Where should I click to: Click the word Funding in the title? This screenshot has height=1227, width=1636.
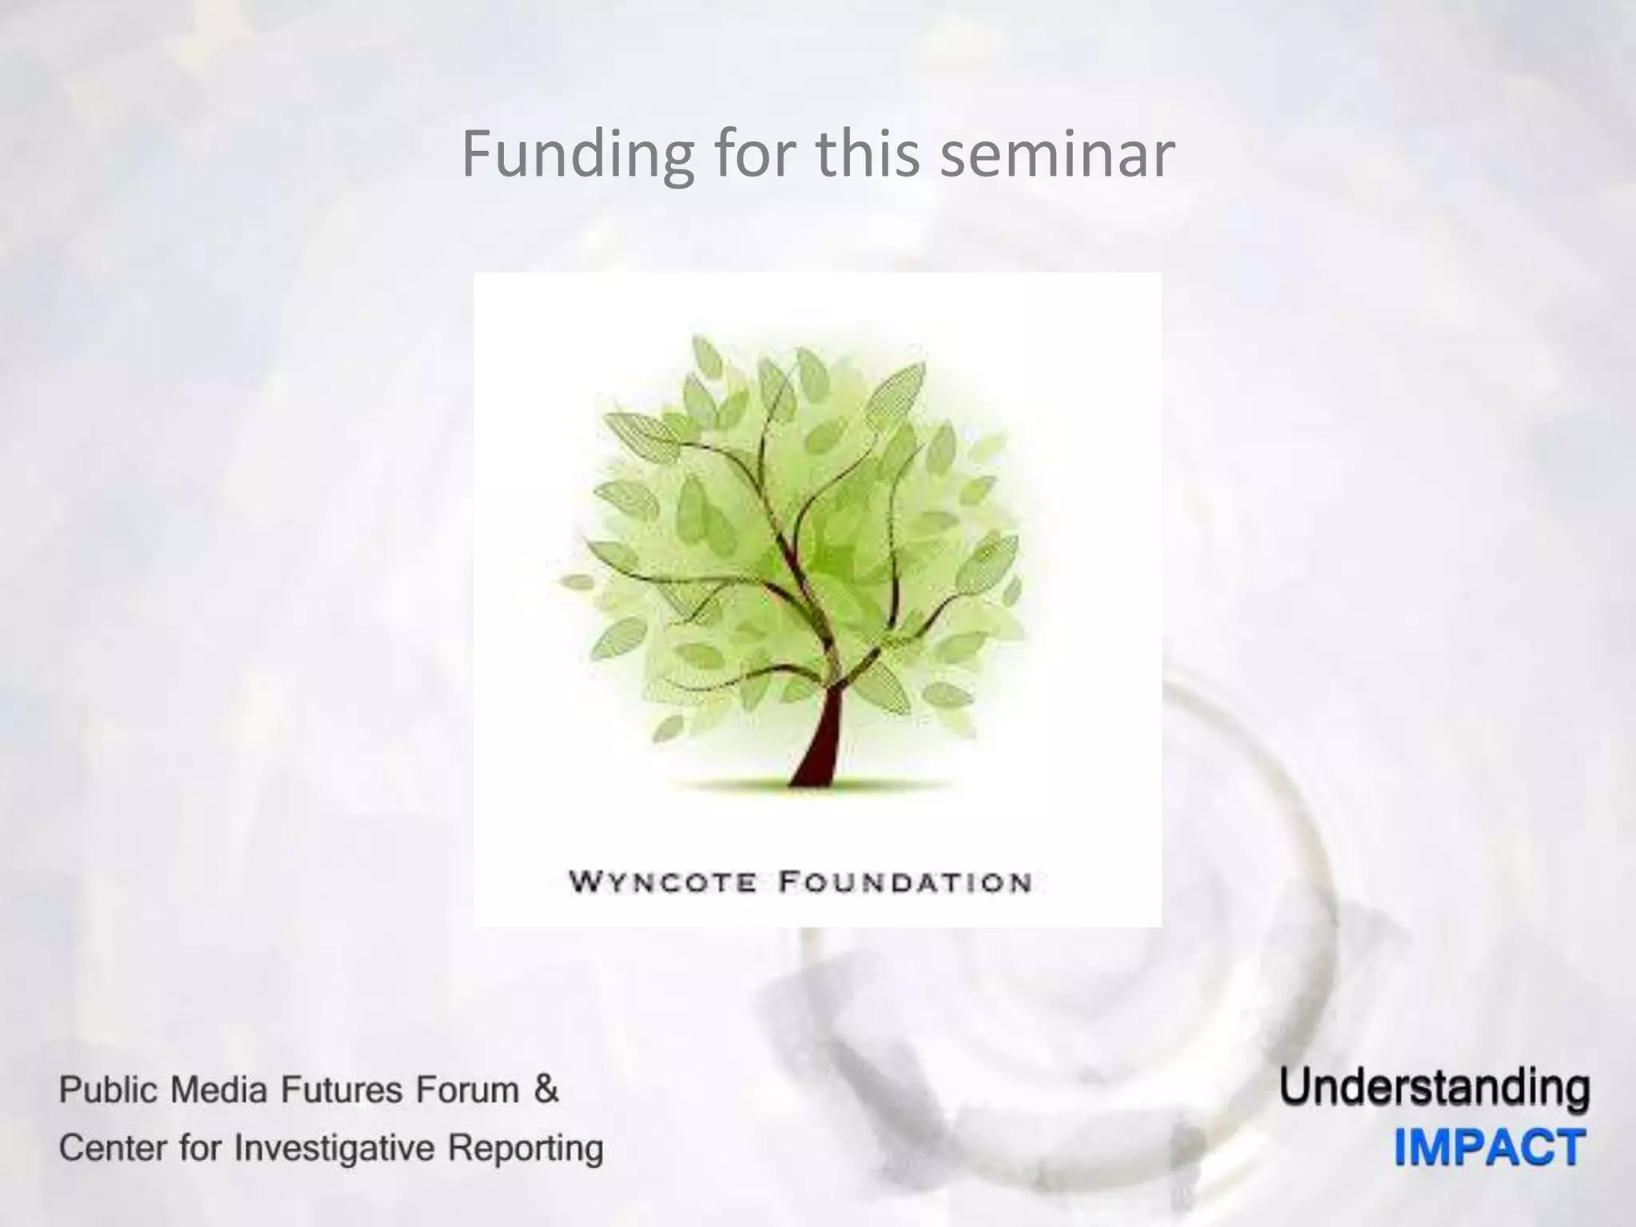pyautogui.click(x=578, y=154)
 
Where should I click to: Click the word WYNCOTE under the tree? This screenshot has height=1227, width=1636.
pyautogui.click(x=662, y=883)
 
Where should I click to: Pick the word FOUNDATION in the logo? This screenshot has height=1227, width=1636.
pyautogui.click(x=905, y=883)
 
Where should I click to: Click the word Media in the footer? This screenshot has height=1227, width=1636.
pyautogui.click(x=209, y=1090)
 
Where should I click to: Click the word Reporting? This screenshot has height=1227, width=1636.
pyautogui.click(x=525, y=1150)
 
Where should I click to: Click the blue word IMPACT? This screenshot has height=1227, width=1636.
pyautogui.click(x=1490, y=1148)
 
